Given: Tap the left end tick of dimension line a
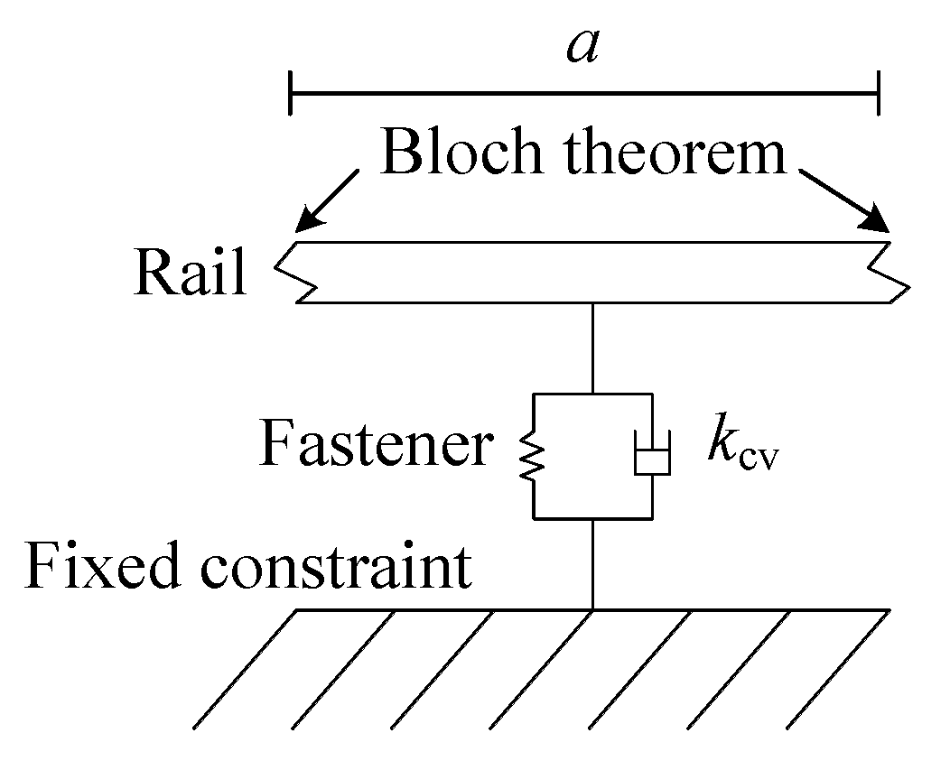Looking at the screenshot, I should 290,92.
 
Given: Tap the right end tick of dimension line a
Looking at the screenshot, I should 878,92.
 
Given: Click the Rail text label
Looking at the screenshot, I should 190,272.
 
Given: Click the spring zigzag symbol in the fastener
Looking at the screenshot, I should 534,456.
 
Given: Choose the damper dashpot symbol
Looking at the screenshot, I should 651,456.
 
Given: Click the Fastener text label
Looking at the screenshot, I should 376,444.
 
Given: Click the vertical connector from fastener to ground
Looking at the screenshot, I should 592,564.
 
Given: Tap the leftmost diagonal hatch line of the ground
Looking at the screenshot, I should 246,669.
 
